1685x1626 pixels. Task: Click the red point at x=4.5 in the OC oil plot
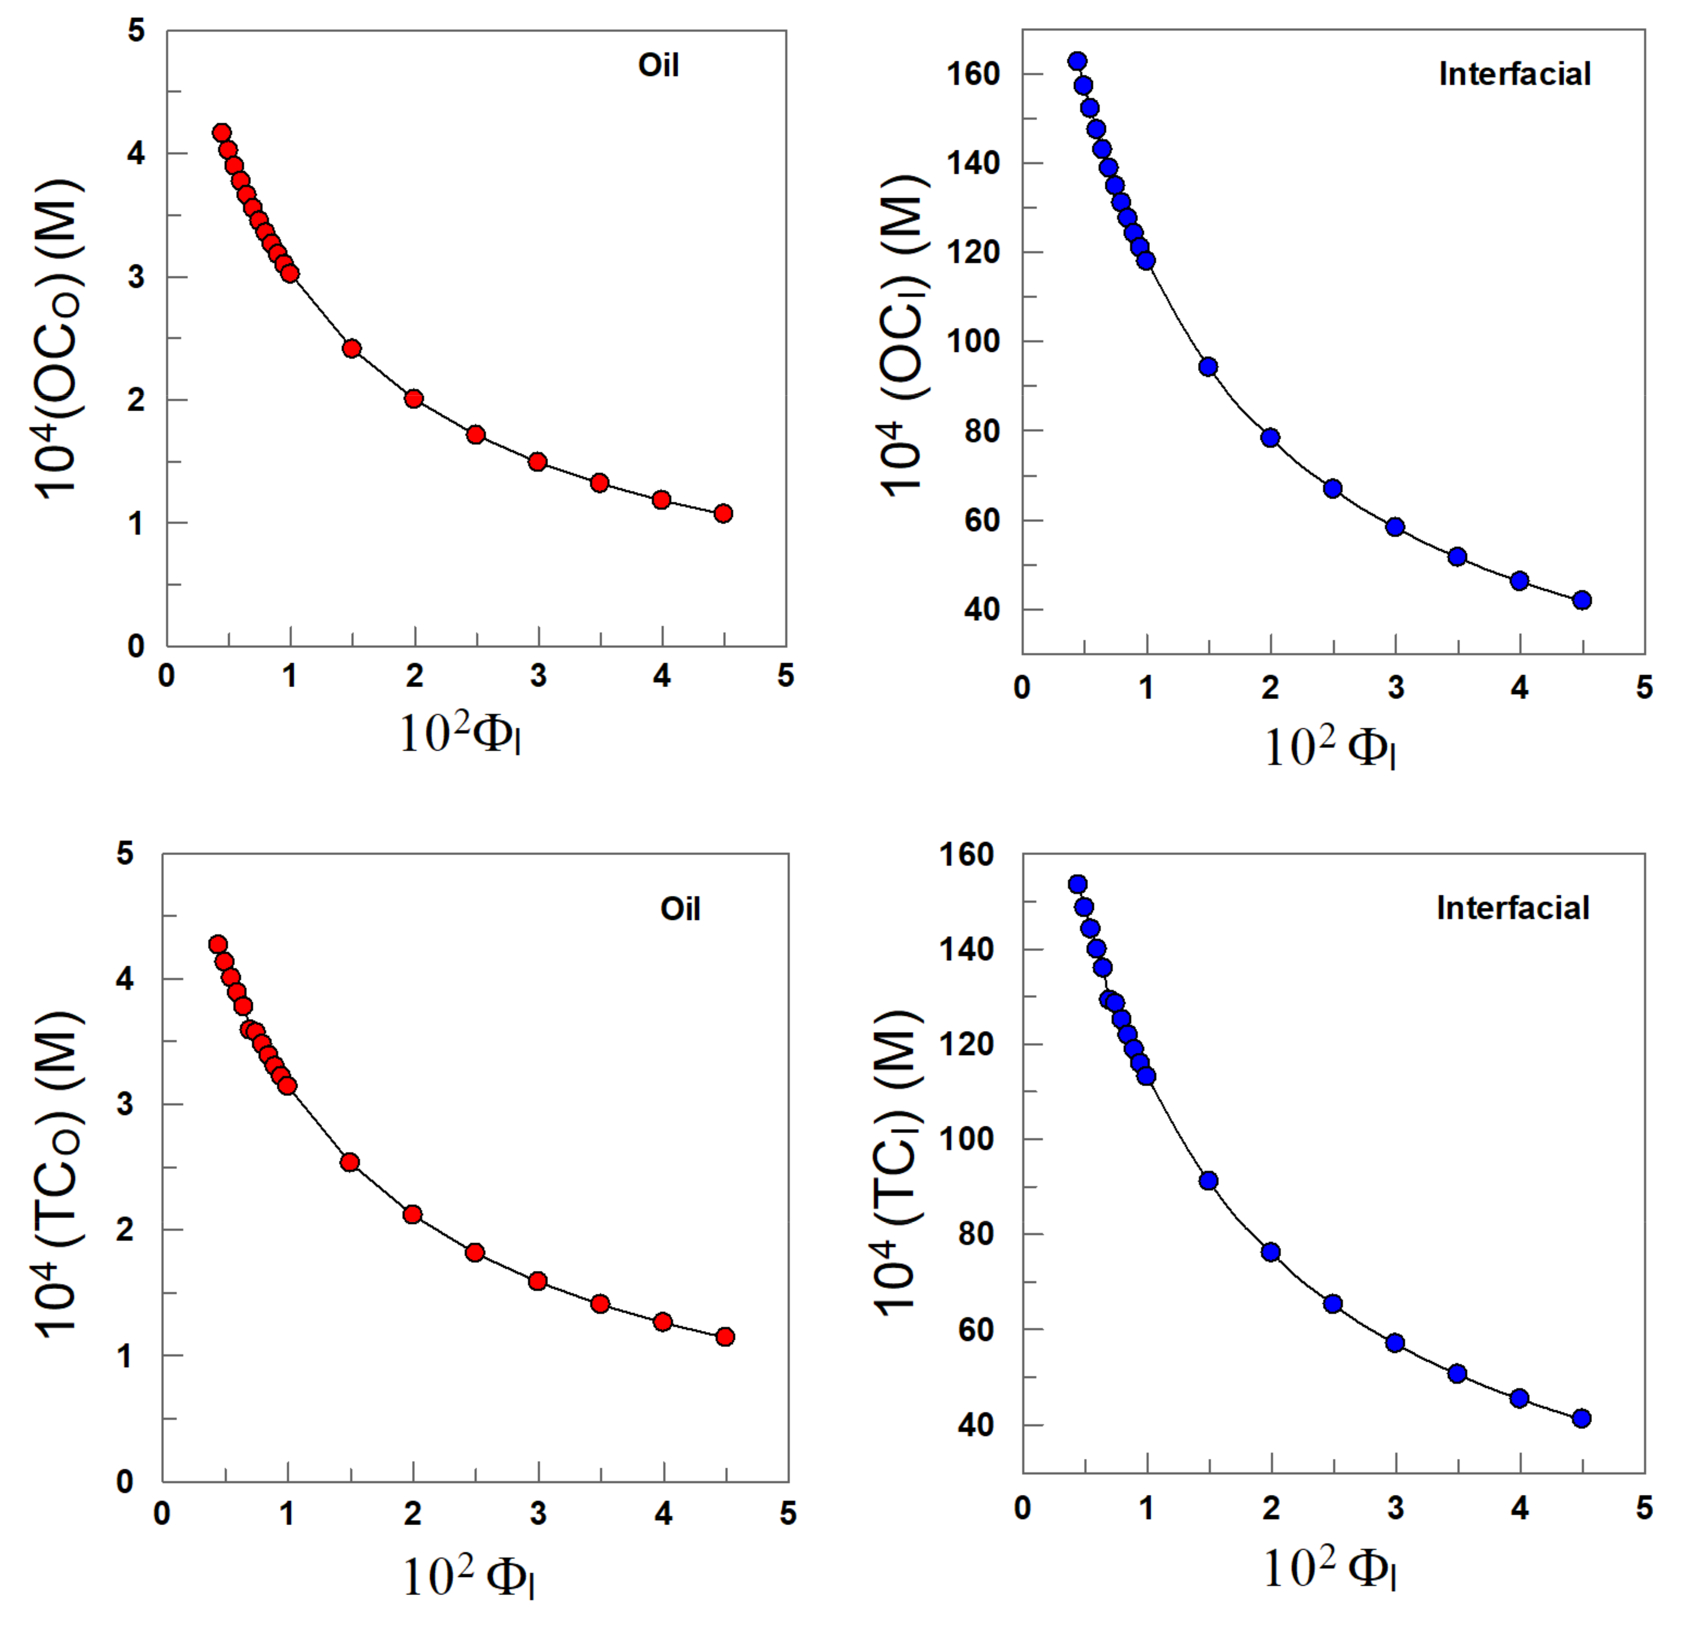pyautogui.click(x=723, y=513)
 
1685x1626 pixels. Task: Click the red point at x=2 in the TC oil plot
pyautogui.click(x=412, y=1214)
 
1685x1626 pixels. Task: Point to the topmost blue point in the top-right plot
pyautogui.click(x=1077, y=61)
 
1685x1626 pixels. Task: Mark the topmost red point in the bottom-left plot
pyautogui.click(x=218, y=944)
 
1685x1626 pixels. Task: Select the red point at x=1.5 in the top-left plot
pyautogui.click(x=352, y=348)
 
